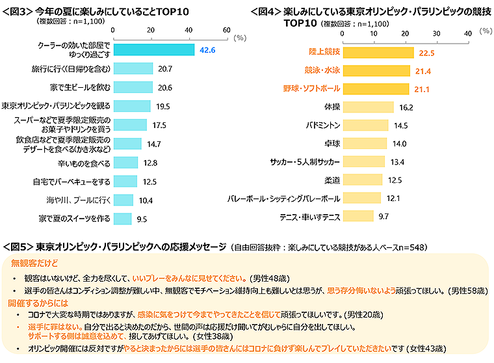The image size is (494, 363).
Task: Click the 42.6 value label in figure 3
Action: tap(207, 50)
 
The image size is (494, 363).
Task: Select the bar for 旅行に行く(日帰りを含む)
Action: tap(133, 68)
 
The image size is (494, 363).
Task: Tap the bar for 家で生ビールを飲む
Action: tap(133, 87)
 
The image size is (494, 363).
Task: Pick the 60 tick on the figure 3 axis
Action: tap(226, 31)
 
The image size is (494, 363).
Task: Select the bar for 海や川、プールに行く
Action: tap(123, 200)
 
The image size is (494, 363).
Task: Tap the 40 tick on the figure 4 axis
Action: tap(467, 31)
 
